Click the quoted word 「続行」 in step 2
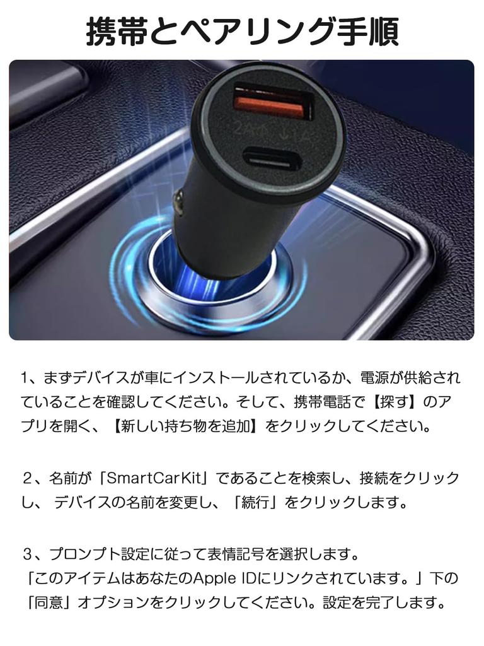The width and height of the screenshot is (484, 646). coord(255,503)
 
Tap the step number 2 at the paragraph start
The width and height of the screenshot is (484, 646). coord(27,478)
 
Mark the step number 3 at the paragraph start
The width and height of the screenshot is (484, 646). coord(27,554)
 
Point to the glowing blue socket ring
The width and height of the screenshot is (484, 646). coord(208,284)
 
